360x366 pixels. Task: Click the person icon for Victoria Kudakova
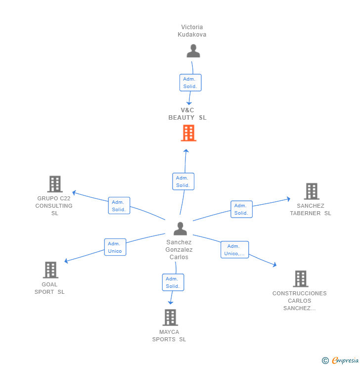pyautogui.click(x=193, y=51)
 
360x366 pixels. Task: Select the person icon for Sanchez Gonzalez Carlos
pyautogui.click(x=180, y=229)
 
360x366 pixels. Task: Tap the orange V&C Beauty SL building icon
pyautogui.click(x=188, y=133)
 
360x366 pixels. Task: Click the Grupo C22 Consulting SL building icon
pyautogui.click(x=55, y=184)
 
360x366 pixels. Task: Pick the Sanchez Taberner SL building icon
pyautogui.click(x=311, y=191)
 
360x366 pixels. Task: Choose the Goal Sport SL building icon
pyautogui.click(x=50, y=270)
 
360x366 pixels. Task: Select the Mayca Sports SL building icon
pyautogui.click(x=170, y=318)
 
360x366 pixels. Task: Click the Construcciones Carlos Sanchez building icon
pyautogui.click(x=300, y=279)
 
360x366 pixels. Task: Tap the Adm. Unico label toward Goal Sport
pyautogui.click(x=115, y=247)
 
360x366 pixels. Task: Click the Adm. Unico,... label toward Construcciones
pyautogui.click(x=234, y=250)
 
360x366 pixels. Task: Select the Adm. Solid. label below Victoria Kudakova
pyautogui.click(x=190, y=83)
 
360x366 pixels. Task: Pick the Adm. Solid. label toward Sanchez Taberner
pyautogui.click(x=241, y=209)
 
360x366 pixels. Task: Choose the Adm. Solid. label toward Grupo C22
pyautogui.click(x=119, y=206)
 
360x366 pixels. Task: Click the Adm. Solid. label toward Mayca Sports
pyautogui.click(x=173, y=282)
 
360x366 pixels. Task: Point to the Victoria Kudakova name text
pyautogui.click(x=192, y=31)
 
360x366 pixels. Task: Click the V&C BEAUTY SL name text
pyautogui.click(x=187, y=114)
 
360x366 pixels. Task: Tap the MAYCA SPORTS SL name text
pyautogui.click(x=169, y=335)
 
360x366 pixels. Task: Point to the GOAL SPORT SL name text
pyautogui.click(x=49, y=288)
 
